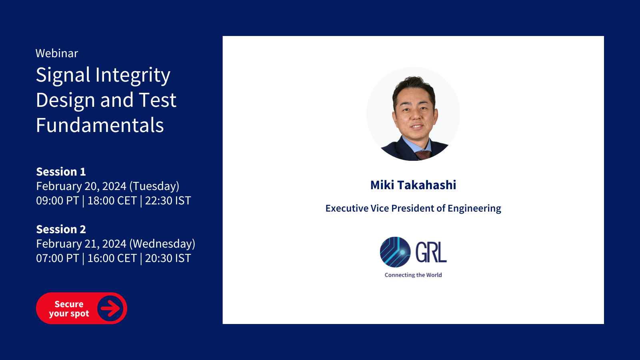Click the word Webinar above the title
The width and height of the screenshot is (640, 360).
[56, 54]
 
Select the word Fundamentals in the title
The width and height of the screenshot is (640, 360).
[100, 125]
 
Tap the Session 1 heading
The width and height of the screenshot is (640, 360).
[61, 172]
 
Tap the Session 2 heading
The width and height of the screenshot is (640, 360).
[61, 229]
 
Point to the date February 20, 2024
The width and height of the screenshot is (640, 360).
[81, 186]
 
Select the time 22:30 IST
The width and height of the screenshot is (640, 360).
[168, 200]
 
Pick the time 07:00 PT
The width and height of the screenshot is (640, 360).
[58, 258]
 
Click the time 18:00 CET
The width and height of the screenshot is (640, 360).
[112, 200]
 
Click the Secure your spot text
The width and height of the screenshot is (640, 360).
[69, 308]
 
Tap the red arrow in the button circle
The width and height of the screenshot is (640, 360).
[110, 308]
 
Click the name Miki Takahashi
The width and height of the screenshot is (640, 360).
[413, 185]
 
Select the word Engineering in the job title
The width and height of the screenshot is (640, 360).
[474, 208]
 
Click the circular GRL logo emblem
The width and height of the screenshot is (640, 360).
[395, 252]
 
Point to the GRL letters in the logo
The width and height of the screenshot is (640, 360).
[431, 252]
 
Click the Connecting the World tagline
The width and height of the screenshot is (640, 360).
[413, 275]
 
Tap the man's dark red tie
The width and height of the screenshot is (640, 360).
[423, 155]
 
